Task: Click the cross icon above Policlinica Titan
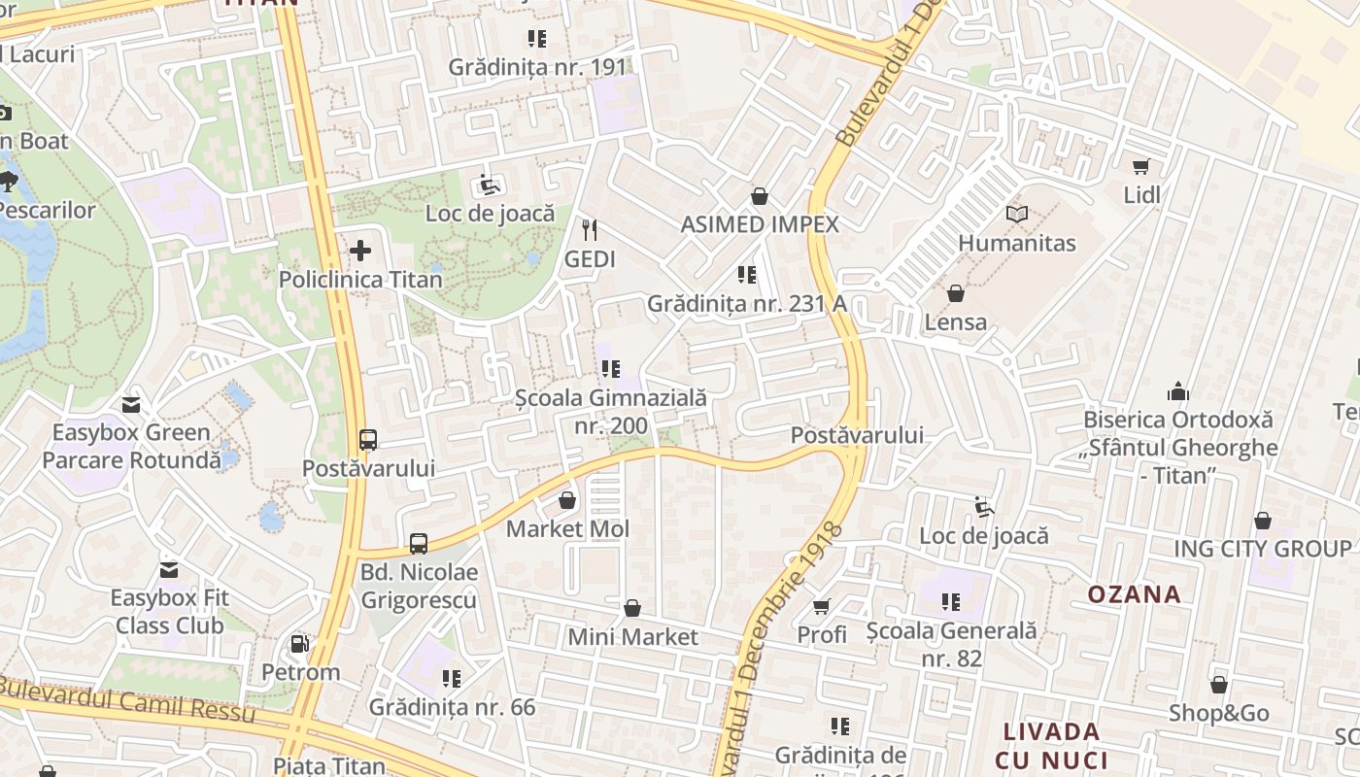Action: point(360,252)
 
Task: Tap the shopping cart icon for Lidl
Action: point(1141,167)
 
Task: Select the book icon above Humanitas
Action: point(1017,215)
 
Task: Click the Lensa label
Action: point(956,321)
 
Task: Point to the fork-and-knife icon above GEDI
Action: point(589,230)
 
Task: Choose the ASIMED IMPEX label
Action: point(760,224)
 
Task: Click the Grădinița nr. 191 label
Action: point(537,67)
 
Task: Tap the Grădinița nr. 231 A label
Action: point(747,303)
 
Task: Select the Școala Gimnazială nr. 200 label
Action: point(611,412)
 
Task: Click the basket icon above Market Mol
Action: point(567,501)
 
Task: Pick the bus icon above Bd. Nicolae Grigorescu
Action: point(419,544)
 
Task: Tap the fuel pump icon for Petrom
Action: point(300,644)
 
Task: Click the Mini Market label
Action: point(633,637)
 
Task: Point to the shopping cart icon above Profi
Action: point(822,607)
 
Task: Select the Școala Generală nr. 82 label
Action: point(951,644)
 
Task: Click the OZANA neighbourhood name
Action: point(1134,593)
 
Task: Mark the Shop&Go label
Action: point(1218,713)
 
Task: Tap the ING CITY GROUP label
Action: point(1262,548)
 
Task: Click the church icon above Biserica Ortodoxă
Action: point(1178,392)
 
